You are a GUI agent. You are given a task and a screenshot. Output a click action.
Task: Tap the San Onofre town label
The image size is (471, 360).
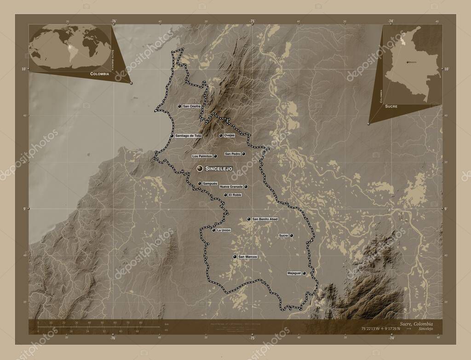point(192,106)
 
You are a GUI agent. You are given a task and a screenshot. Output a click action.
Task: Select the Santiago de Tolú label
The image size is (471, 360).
point(188,136)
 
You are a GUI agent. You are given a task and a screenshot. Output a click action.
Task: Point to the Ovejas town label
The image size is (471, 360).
point(230,136)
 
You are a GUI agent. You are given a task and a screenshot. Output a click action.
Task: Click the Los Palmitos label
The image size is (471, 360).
point(202,156)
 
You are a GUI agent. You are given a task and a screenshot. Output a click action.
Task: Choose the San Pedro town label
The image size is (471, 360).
point(233,154)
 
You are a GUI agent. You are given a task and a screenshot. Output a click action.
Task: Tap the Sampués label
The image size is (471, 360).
point(210,183)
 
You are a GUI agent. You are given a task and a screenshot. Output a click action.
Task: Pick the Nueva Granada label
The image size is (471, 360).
point(231,187)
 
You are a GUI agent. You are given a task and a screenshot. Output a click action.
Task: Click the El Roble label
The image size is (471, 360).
point(235,195)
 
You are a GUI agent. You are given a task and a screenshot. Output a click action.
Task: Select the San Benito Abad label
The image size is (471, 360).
point(265,219)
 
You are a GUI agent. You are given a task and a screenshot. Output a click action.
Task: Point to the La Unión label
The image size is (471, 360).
point(224,230)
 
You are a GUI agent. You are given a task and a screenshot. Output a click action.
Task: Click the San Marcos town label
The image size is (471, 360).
point(247,257)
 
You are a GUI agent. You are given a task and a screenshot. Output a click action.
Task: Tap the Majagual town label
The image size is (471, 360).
point(293,273)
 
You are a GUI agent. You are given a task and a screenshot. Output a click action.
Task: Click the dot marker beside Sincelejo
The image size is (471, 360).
point(200,169)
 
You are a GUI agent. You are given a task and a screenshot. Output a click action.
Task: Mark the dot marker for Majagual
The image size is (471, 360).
point(304,273)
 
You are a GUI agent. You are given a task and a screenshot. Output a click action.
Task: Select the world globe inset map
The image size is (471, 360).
point(70,47)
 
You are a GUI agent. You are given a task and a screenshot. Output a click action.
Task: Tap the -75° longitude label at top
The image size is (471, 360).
point(253,21)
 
